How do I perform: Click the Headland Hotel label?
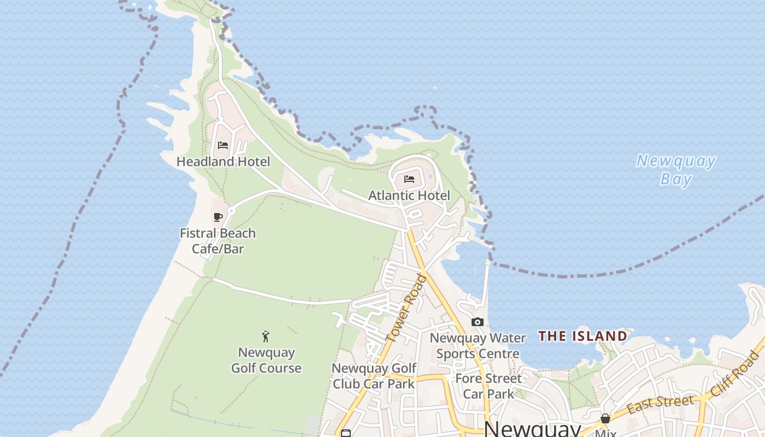pyautogui.click(x=223, y=162)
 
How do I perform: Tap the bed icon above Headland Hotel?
pyautogui.click(x=223, y=145)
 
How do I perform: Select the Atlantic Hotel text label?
pyautogui.click(x=409, y=196)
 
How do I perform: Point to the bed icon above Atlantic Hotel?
pyautogui.click(x=409, y=179)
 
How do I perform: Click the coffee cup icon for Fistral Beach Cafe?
pyautogui.click(x=218, y=217)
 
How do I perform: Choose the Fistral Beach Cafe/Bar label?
pyautogui.click(x=217, y=241)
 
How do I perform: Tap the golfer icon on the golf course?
pyautogui.click(x=266, y=336)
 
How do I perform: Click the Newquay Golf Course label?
pyautogui.click(x=266, y=360)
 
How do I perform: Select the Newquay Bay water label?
pyautogui.click(x=676, y=170)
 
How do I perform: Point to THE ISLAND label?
pyautogui.click(x=582, y=336)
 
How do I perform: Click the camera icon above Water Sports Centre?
pyautogui.click(x=478, y=322)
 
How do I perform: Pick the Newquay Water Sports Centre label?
pyautogui.click(x=478, y=346)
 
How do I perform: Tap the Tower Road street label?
pyautogui.click(x=405, y=309)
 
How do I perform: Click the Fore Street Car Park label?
pyautogui.click(x=489, y=386)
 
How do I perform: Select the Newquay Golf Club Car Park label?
pyautogui.click(x=374, y=376)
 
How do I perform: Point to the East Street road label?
pyautogui.click(x=660, y=405)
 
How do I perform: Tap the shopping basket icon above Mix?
pyautogui.click(x=605, y=418)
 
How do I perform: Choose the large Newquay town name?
pyautogui.click(x=532, y=429)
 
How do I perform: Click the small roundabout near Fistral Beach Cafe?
pyautogui.click(x=231, y=210)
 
